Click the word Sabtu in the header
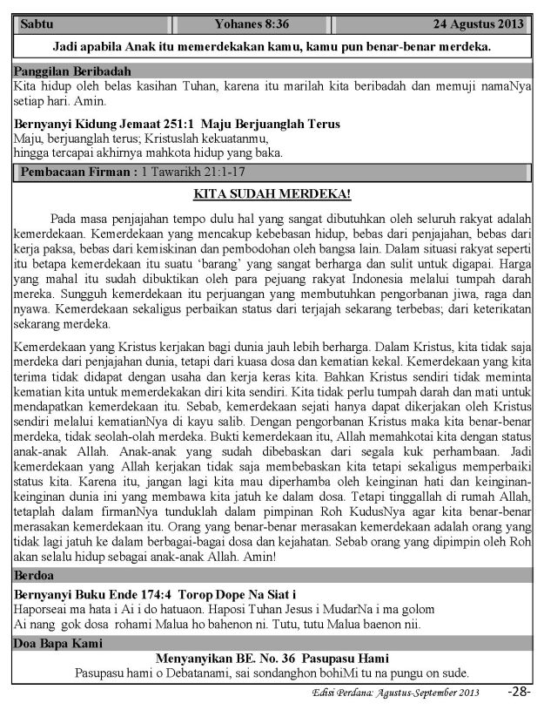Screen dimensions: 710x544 click(36, 23)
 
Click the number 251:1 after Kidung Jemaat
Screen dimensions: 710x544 click(181, 125)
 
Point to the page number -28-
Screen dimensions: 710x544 click(519, 692)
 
